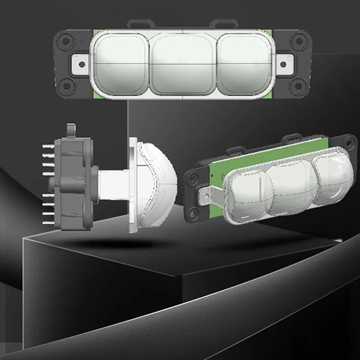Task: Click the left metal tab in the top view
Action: [x=80, y=62]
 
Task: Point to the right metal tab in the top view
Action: [x=286, y=62]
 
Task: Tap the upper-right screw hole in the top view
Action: [x=298, y=43]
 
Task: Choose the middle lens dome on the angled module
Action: [x=290, y=187]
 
